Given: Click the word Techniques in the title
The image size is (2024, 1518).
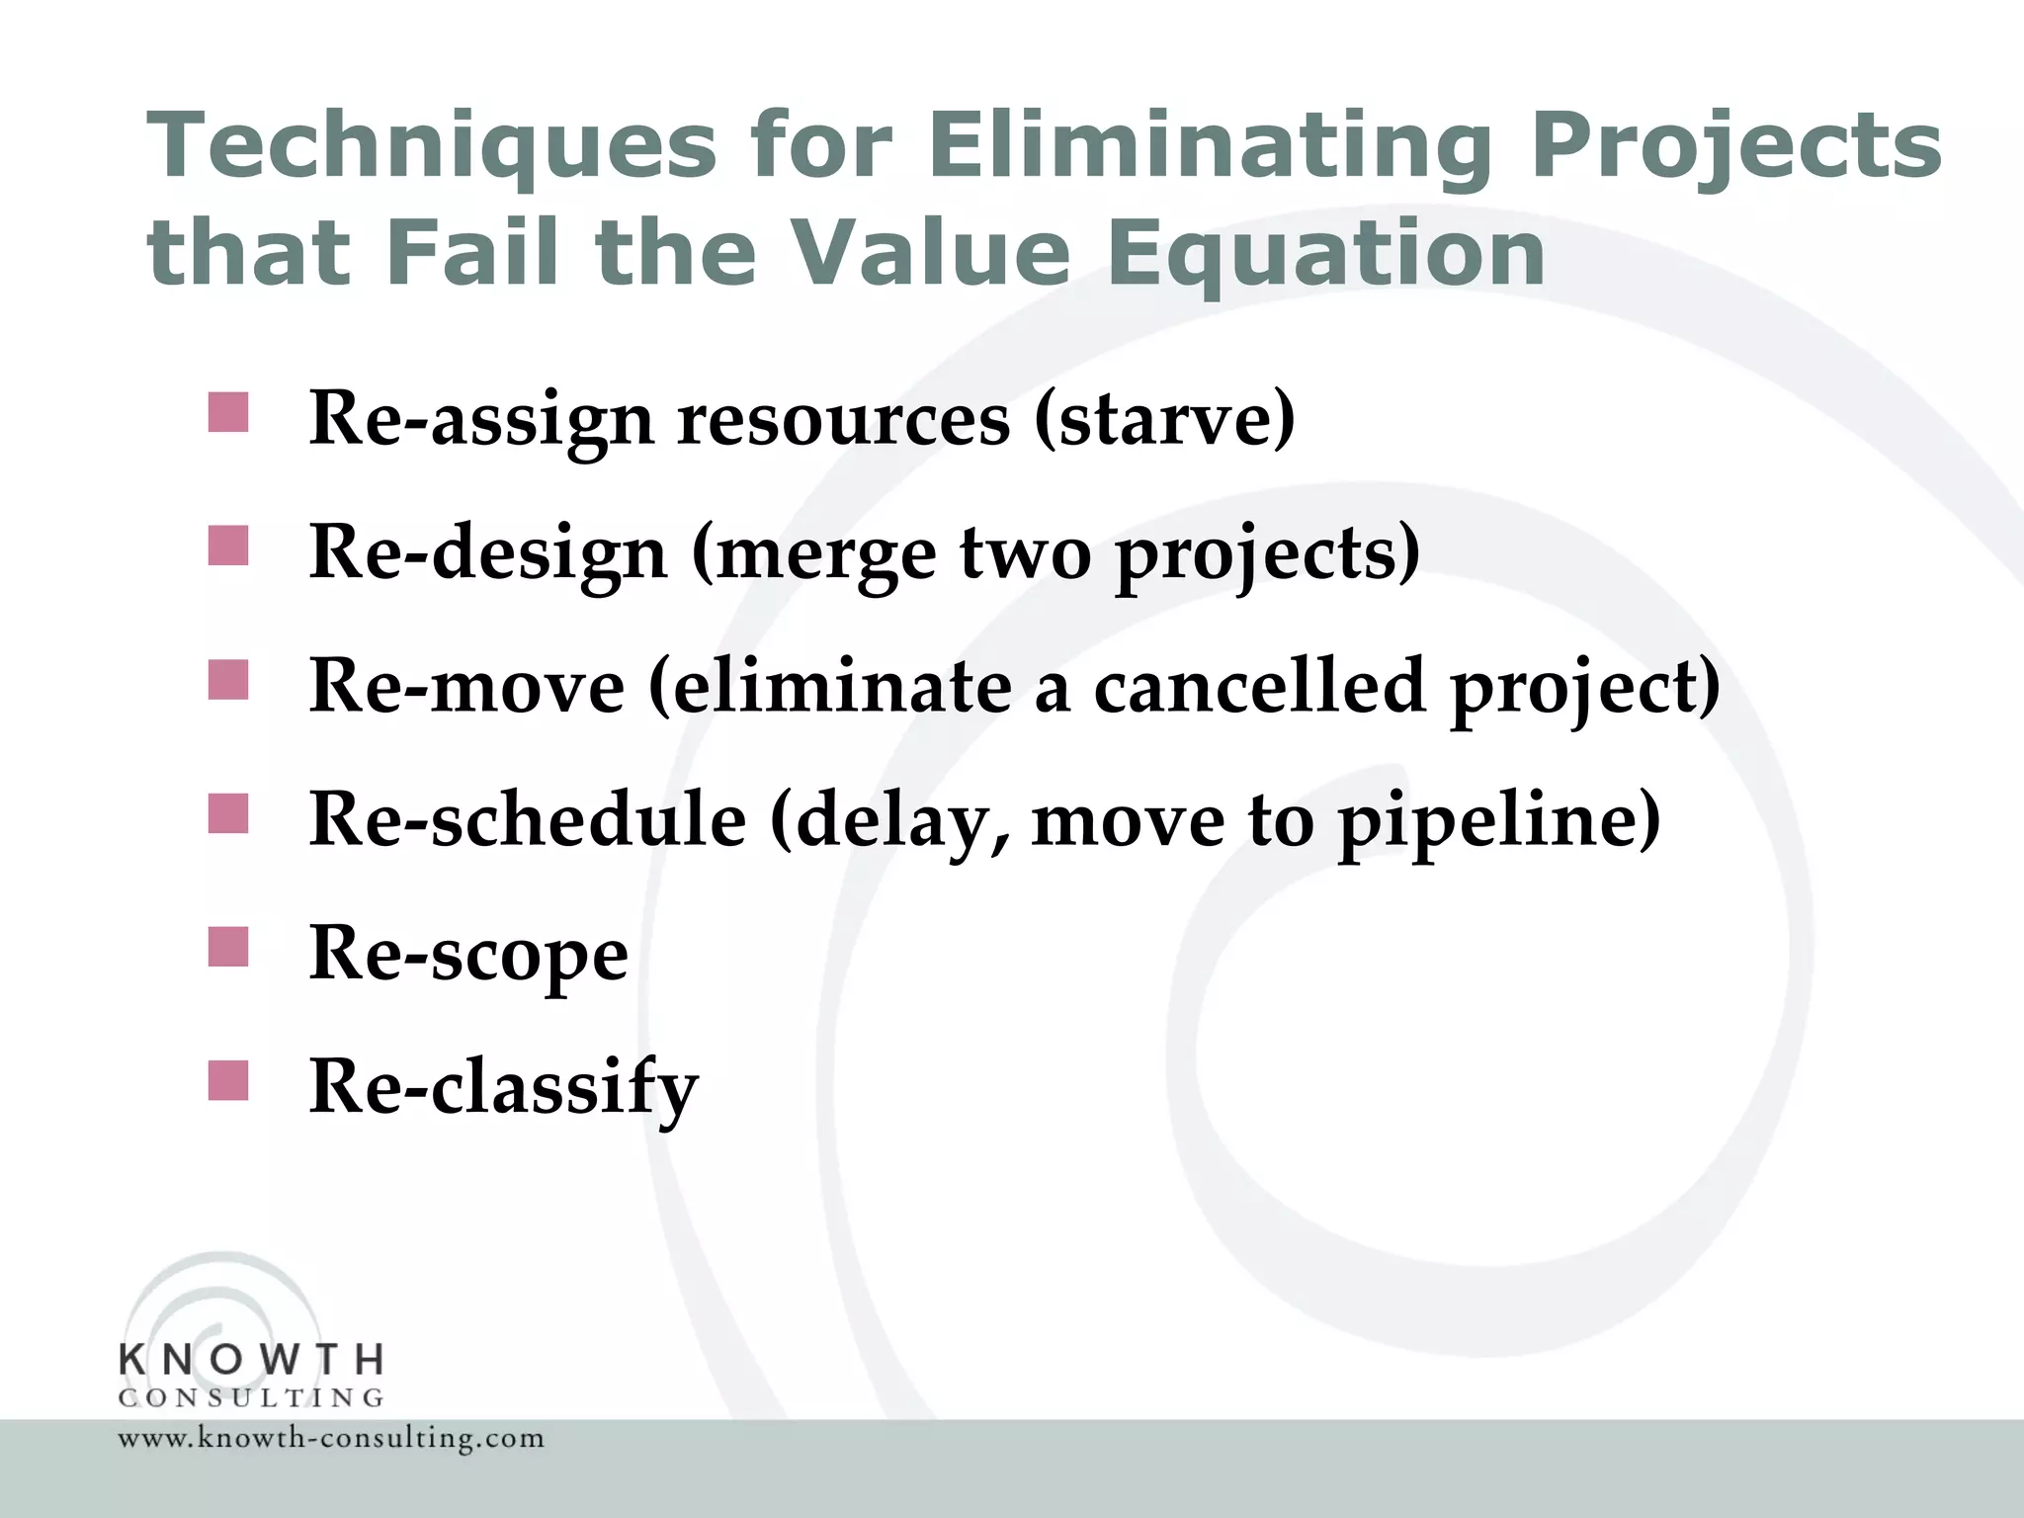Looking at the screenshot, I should click(431, 146).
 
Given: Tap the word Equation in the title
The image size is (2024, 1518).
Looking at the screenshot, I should click(1325, 254).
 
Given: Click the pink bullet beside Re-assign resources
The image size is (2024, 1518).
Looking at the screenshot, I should click(228, 412).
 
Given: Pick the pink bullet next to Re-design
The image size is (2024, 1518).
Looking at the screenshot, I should click(228, 546).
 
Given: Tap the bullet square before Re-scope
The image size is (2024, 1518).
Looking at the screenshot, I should click(228, 947).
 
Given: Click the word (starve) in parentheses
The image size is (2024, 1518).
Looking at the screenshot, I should click(1164, 420).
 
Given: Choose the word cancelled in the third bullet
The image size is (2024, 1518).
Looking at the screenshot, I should click(1259, 687).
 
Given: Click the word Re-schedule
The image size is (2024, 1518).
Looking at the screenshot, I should click(527, 820).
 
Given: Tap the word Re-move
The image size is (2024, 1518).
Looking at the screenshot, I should click(466, 687).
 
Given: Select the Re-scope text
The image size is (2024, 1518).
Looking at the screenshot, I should click(468, 955).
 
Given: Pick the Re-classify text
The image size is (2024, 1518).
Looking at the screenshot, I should click(503, 1088).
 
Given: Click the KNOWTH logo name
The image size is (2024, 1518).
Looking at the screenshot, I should click(251, 1360).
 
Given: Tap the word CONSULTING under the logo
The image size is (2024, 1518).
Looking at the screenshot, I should click(251, 1398).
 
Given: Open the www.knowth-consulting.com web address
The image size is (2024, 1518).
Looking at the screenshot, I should click(331, 1438).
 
